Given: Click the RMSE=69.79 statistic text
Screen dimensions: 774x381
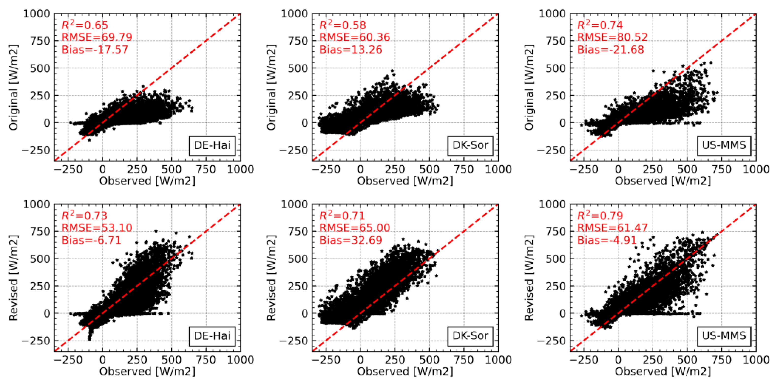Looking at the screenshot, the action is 97,37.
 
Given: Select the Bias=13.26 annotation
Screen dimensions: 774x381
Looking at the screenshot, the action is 351,50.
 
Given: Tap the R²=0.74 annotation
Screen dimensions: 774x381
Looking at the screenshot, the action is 600,25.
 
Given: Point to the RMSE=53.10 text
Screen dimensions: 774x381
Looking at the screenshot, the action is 97,228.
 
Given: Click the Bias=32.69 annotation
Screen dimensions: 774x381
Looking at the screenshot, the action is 351,240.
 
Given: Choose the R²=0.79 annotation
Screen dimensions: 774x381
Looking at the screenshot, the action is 600,216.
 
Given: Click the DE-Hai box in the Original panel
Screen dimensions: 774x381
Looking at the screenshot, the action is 212,146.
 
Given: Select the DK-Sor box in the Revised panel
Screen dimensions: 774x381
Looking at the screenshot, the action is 470,336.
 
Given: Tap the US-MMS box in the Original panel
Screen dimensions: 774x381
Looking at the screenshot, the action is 724,146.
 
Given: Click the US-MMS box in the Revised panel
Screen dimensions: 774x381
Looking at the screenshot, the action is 724,336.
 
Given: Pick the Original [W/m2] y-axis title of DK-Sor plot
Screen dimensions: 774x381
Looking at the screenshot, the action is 271,87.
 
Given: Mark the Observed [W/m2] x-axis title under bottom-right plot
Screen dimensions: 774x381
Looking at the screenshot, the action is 663,372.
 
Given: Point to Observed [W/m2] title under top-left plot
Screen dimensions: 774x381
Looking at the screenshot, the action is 147,181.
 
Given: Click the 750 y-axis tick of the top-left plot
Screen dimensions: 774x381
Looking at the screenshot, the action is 40,41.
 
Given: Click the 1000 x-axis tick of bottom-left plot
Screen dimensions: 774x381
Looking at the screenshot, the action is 240,360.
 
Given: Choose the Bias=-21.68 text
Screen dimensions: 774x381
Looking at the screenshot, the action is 610,50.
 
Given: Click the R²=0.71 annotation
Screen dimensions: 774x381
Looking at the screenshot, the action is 342,216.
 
